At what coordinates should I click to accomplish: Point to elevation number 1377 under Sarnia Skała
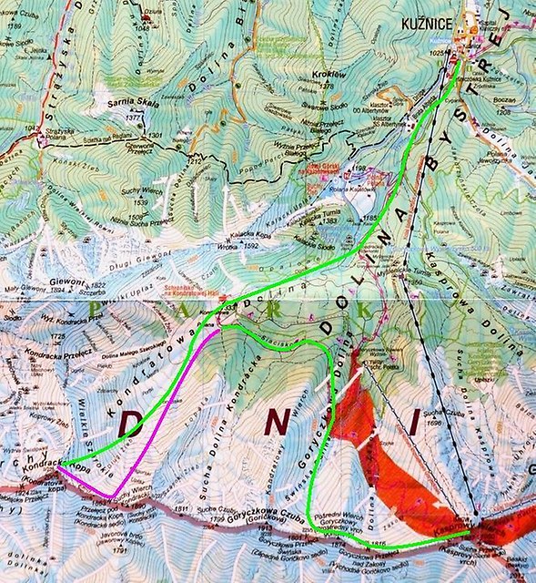135,118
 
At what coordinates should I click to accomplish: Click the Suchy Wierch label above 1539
140,192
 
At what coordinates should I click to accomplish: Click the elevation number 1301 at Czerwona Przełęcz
155,136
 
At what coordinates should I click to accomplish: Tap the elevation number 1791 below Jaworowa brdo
119,549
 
